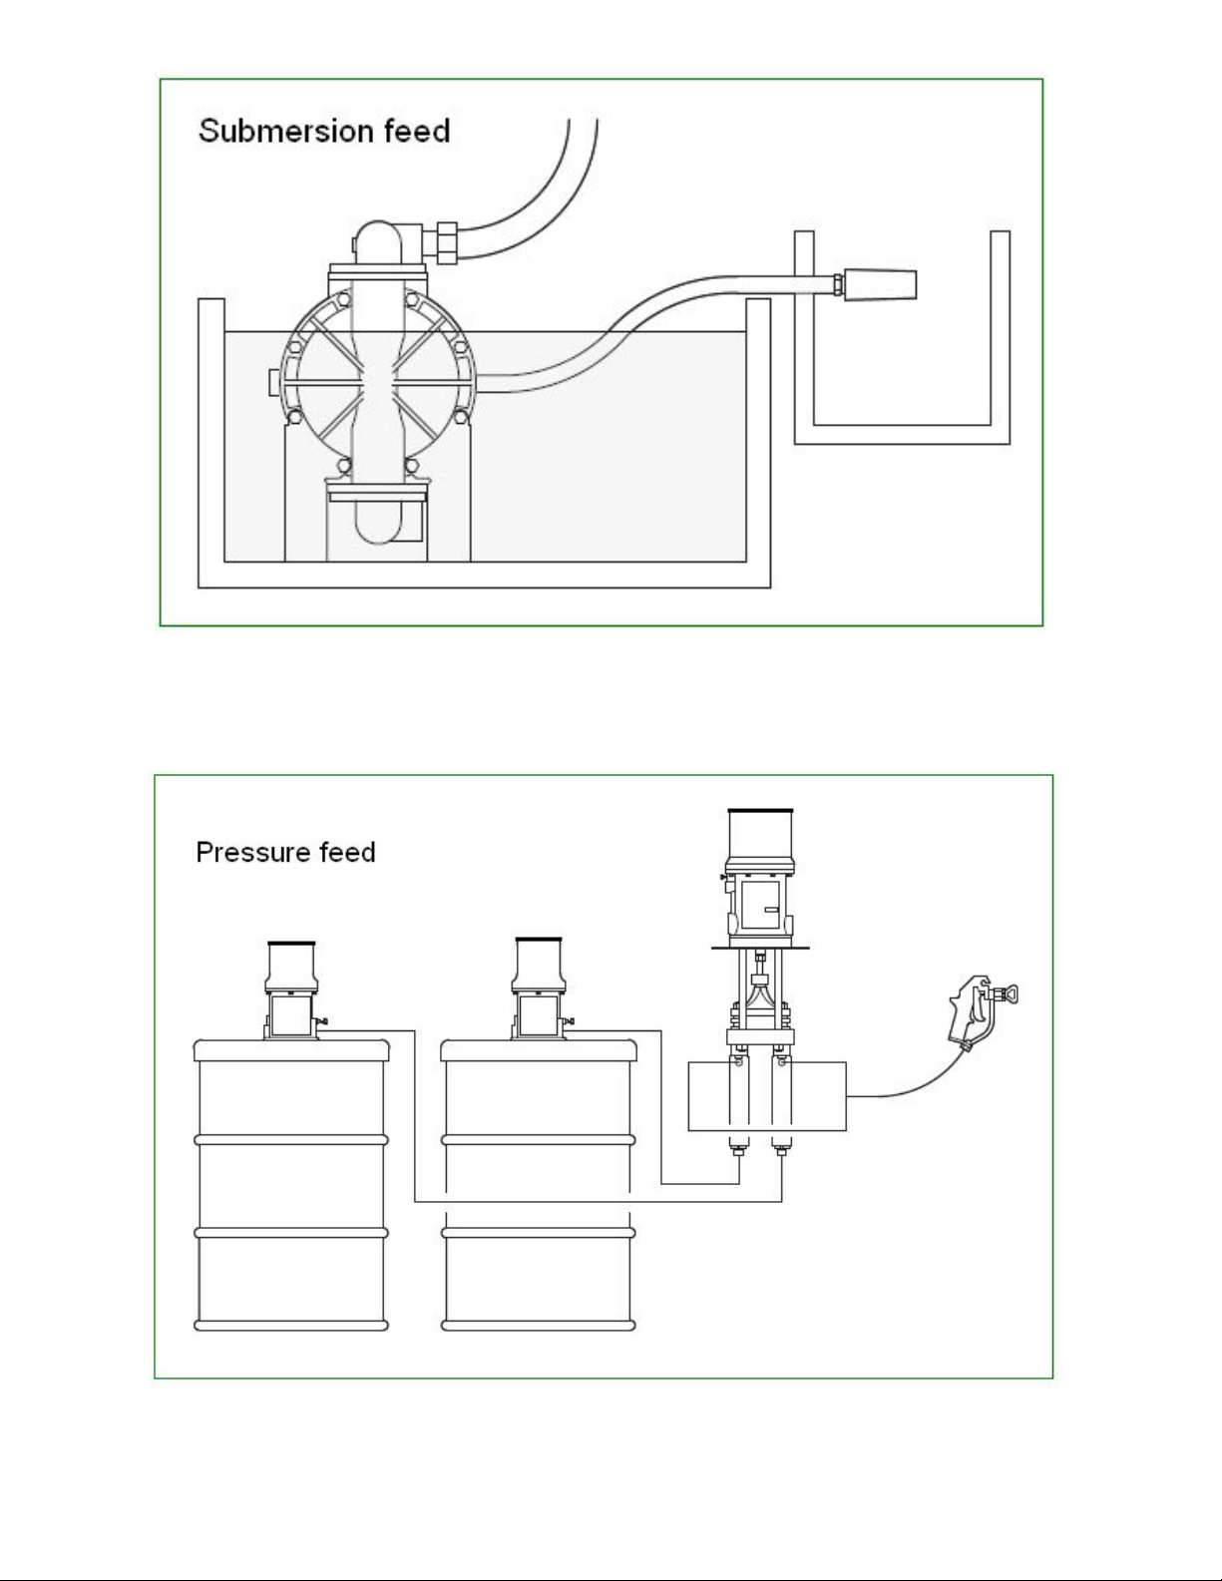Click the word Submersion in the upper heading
[x=286, y=131]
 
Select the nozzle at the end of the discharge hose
[x=879, y=283]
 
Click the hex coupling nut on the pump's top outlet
[x=445, y=242]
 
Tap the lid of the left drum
[x=291, y=1050]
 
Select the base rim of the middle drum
[x=539, y=1326]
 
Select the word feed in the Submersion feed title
[x=417, y=131]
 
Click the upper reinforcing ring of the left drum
[x=291, y=1140]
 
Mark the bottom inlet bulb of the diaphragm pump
[x=377, y=523]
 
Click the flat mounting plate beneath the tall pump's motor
[x=760, y=948]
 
